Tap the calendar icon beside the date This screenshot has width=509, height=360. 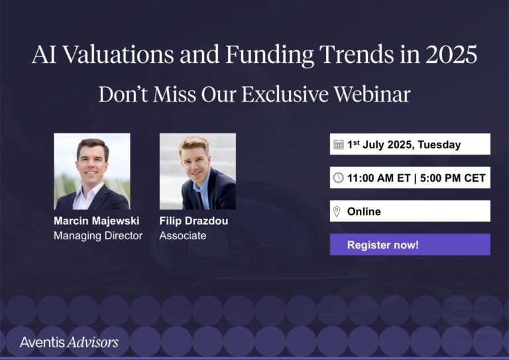338,145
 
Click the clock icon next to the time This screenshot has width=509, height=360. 338,178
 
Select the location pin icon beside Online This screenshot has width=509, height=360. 337,211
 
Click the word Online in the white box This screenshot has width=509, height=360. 364,211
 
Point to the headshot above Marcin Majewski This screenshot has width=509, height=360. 91,171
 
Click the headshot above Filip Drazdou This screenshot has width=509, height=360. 198,171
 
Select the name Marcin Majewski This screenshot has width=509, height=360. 96,221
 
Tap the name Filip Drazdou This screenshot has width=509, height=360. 194,221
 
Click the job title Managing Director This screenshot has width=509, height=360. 98,235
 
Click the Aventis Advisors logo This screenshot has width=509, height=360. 69,342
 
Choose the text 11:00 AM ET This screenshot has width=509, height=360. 378,178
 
